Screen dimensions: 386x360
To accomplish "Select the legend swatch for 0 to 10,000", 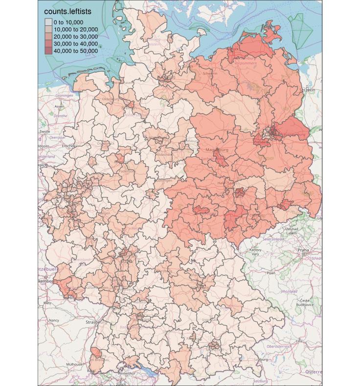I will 48,22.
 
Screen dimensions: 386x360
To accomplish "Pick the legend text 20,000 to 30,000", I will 75,37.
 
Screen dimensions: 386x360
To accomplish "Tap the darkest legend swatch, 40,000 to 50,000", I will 48,51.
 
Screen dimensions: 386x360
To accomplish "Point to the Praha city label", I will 303,250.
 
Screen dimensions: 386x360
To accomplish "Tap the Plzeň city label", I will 270,274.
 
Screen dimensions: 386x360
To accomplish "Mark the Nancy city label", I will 54,321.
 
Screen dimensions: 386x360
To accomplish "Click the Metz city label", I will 47,303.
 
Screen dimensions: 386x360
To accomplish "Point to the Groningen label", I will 64,95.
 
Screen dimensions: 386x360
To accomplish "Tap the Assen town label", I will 60,107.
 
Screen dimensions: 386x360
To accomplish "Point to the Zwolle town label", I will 45,131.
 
